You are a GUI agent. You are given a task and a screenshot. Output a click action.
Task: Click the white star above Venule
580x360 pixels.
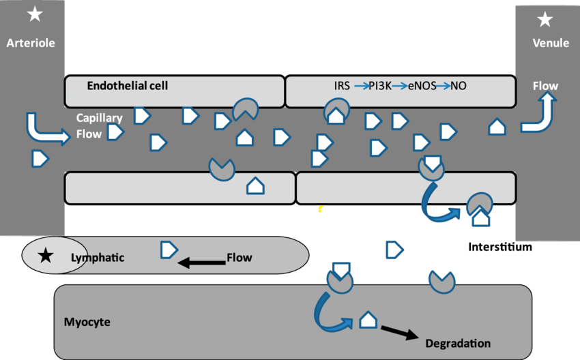click(545, 20)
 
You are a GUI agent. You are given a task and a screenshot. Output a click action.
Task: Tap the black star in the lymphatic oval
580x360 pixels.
click(45, 256)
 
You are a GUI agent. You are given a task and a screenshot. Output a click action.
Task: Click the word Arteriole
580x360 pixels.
click(31, 43)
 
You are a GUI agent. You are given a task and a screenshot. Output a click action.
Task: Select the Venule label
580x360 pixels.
click(551, 43)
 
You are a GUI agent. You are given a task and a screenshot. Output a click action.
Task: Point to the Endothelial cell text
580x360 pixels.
click(128, 86)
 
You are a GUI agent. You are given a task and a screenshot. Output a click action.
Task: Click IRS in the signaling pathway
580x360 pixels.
click(342, 87)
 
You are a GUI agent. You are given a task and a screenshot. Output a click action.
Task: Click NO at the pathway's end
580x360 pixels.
click(459, 87)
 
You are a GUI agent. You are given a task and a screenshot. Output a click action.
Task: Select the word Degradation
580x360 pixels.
click(457, 343)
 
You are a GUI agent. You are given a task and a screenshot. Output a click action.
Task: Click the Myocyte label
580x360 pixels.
click(87, 321)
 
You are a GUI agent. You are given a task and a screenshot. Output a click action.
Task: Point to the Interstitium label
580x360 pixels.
click(500, 247)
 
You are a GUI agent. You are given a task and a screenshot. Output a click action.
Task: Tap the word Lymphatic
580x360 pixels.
click(98, 258)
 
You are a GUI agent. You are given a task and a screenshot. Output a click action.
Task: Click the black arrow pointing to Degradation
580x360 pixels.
click(399, 332)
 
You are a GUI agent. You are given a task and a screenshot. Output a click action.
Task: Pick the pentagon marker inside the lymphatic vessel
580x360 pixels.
click(169, 250)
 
